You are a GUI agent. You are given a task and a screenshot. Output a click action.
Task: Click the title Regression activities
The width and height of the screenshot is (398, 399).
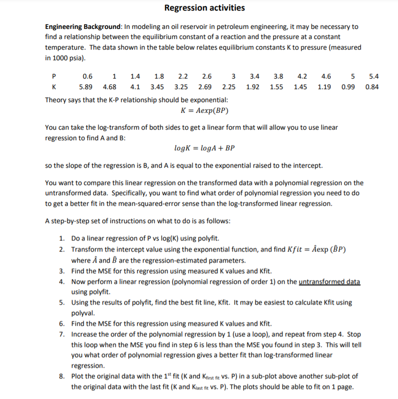tap(204, 8)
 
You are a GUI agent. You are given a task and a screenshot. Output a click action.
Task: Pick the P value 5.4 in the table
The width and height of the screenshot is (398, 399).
tap(373, 76)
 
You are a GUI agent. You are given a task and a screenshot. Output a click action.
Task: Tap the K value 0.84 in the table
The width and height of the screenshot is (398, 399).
tap(372, 87)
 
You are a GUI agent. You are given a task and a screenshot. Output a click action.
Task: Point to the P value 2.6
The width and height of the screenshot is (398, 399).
tap(206, 76)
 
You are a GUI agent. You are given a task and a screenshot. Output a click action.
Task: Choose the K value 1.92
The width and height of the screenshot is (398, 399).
tap(253, 87)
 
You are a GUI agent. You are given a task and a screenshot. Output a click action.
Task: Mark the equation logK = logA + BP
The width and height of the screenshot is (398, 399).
tap(204, 148)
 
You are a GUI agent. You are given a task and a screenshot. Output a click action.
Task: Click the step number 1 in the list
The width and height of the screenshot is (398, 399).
tap(63, 238)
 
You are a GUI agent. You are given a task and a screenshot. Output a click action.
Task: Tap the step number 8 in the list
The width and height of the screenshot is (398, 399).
tap(63, 376)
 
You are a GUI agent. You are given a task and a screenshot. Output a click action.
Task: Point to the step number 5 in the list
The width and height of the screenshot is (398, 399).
tap(63, 303)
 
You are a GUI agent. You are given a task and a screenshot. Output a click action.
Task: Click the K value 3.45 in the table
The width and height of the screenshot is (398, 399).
tap(157, 87)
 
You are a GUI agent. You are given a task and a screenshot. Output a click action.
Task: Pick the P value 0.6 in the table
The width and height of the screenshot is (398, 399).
tap(88, 76)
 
